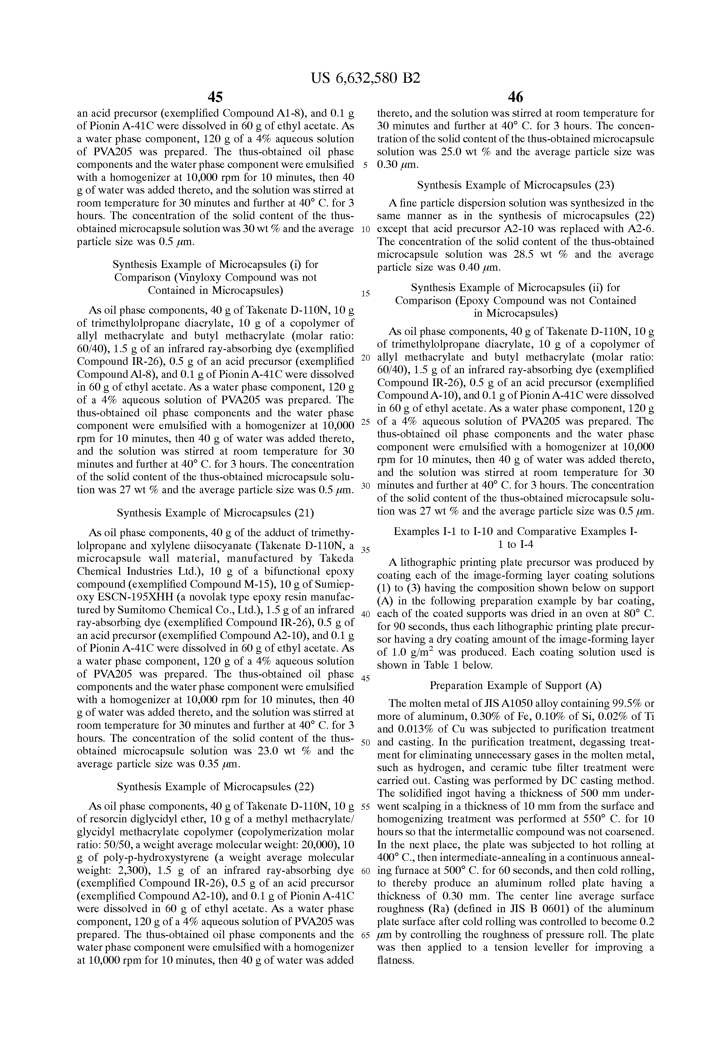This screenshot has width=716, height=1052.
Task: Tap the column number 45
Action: coord(215,97)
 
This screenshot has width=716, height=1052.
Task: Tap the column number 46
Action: coord(515,97)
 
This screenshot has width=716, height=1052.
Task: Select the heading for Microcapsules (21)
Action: coord(215,513)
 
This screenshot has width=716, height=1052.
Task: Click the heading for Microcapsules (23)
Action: coord(515,185)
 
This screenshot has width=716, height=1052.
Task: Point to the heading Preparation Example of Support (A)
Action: coord(515,685)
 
